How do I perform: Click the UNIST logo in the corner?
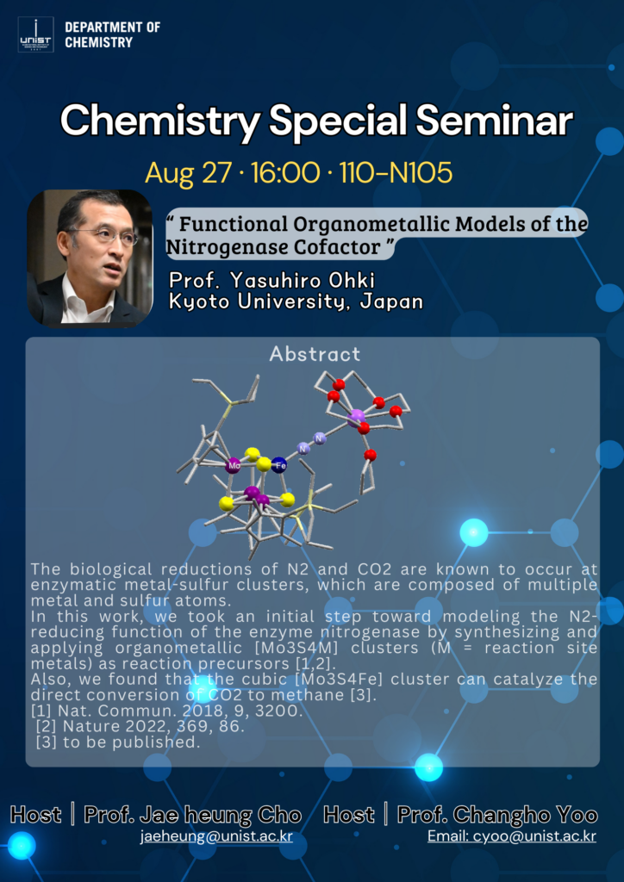[35, 34]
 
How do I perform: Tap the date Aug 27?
[189, 174]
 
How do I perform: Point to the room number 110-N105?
[396, 174]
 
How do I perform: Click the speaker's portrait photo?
[90, 258]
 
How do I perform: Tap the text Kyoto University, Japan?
[296, 301]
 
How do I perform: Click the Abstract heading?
[315, 354]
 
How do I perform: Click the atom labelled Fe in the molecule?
[279, 465]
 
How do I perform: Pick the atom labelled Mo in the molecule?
[233, 465]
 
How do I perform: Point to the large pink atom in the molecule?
[356, 418]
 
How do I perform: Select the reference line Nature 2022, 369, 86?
[140, 727]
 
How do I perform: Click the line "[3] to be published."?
[118, 742]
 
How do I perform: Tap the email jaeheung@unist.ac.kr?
[216, 836]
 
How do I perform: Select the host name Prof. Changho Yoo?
[497, 815]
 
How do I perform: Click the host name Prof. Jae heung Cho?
[192, 815]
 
